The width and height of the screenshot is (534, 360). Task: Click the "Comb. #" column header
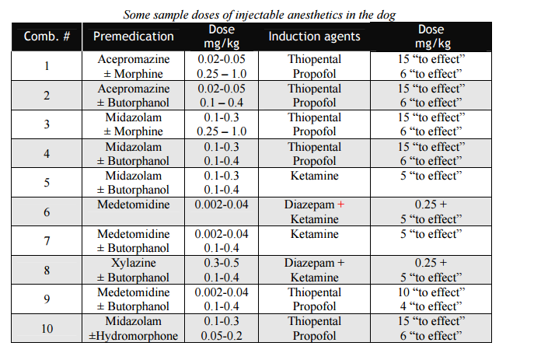tap(47, 37)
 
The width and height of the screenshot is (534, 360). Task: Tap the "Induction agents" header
tap(314, 37)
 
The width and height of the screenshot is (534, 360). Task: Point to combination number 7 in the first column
tap(47, 241)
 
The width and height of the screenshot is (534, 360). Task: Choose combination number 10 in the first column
tap(47, 328)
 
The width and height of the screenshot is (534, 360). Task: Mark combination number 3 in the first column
tap(47, 124)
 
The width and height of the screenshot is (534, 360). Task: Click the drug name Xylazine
tap(134, 263)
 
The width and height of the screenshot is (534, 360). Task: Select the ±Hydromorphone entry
tap(134, 336)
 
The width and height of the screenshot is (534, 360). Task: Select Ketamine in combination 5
tap(314, 176)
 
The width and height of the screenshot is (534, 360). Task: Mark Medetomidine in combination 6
tap(134, 204)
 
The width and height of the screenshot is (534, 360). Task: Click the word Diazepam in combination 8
tap(308, 263)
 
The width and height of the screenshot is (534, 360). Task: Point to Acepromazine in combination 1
tap(134, 59)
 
